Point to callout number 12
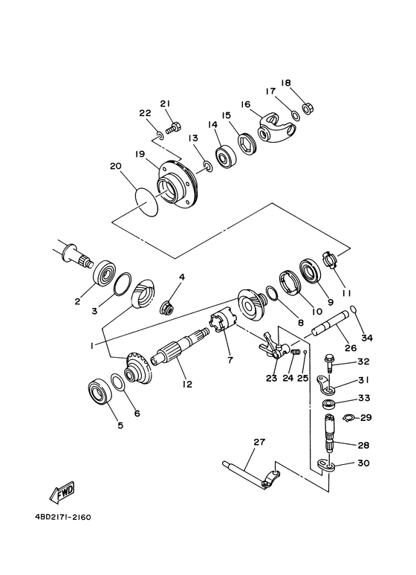pos(186,384)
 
